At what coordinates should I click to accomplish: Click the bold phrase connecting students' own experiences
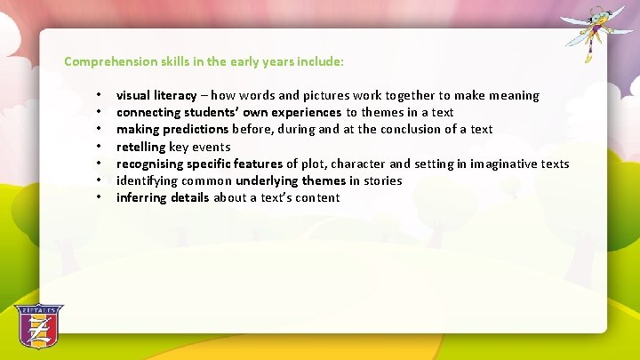tap(228, 112)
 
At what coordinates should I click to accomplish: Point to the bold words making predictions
tap(172, 129)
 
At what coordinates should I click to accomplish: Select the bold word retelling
tap(141, 147)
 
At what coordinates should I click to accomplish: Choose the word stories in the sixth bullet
tap(382, 180)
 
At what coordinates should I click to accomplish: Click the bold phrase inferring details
tap(163, 197)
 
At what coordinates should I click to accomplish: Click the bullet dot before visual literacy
tap(102, 95)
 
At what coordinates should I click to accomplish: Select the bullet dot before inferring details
tap(102, 197)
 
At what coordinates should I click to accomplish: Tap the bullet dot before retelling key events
tap(102, 147)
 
